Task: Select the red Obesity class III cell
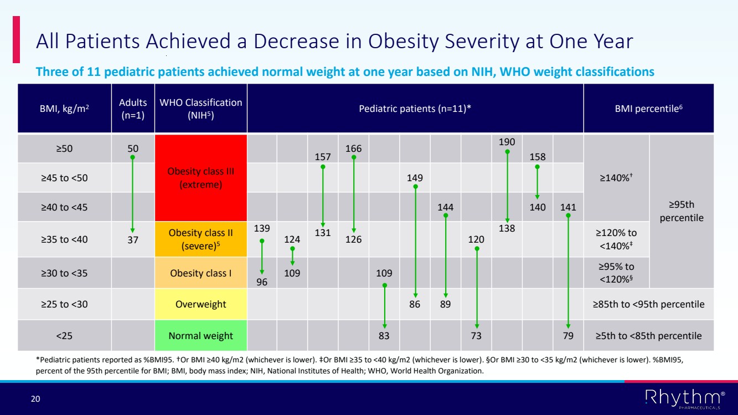point(201,177)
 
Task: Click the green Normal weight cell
point(201,336)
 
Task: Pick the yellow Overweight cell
point(201,304)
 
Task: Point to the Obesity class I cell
point(201,273)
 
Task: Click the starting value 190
point(507,142)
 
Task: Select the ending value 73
point(476,336)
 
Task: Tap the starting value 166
point(353,148)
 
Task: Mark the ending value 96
point(261,282)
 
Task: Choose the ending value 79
point(568,336)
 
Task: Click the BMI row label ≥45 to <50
point(64,178)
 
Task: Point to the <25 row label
point(64,336)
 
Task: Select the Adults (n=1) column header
point(133,109)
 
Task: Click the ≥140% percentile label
point(616,178)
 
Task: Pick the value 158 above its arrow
point(537,157)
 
